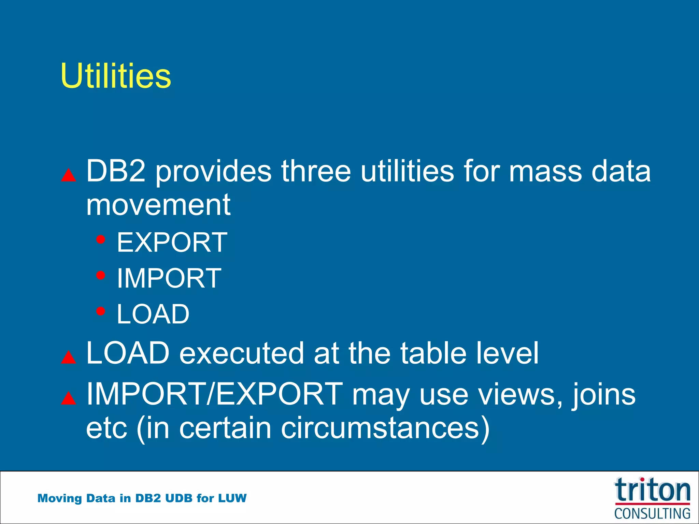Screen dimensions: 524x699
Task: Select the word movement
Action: click(158, 205)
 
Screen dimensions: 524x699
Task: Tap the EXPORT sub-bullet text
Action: click(172, 242)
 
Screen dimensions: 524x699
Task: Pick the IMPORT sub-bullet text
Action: click(169, 278)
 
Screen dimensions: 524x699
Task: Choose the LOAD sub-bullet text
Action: click(153, 314)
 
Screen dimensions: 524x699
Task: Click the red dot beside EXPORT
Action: click(100, 239)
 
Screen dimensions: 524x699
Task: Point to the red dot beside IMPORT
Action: click(100, 275)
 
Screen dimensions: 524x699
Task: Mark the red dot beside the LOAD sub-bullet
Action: click(100, 311)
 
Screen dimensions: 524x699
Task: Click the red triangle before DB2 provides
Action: click(69, 175)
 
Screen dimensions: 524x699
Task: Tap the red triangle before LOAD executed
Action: click(69, 358)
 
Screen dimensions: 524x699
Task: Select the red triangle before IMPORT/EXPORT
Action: click(69, 398)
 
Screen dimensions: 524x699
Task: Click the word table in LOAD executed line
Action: click(433, 353)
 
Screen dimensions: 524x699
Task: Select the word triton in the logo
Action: click(652, 491)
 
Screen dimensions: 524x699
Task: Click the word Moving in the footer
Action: click(60, 498)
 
